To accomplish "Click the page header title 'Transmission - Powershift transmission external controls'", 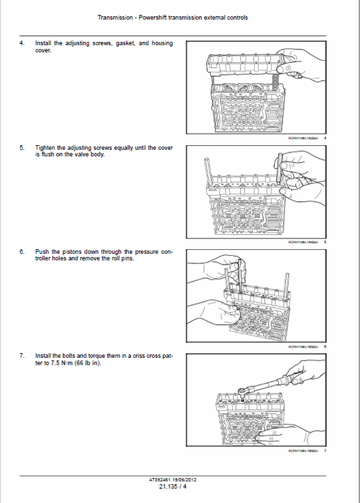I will click(x=172, y=17).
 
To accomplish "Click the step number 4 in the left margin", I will click(x=22, y=43).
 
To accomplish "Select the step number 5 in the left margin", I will click(x=22, y=147).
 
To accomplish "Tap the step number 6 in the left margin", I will click(x=22, y=251).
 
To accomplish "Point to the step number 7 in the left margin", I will click(x=22, y=355).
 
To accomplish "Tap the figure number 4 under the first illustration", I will click(x=326, y=138).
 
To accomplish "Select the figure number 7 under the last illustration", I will click(x=326, y=451).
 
